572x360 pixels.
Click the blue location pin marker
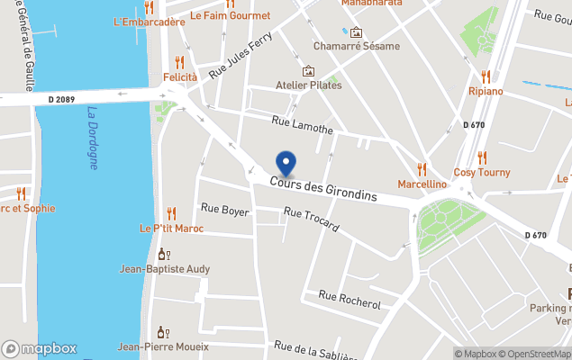[286, 163]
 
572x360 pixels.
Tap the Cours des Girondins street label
[322, 187]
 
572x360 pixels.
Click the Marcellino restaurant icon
[422, 168]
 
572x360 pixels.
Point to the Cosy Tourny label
[481, 172]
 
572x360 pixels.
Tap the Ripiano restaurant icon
[486, 77]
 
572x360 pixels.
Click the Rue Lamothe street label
[303, 124]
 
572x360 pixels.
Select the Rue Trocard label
[311, 219]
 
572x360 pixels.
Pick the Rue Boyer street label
[224, 210]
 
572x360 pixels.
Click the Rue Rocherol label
[350, 300]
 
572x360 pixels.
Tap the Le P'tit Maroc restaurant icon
[171, 213]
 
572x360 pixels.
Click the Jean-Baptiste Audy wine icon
[163, 254]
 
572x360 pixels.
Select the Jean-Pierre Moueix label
[163, 346]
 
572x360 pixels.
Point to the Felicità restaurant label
[179, 77]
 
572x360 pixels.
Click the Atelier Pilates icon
[309, 71]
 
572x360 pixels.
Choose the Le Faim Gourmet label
[231, 16]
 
